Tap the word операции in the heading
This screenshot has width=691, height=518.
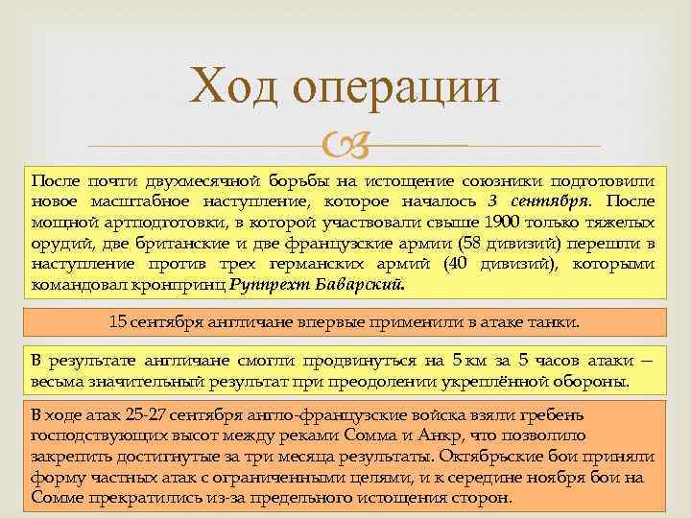(x=396, y=87)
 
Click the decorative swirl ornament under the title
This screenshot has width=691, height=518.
(x=345, y=146)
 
